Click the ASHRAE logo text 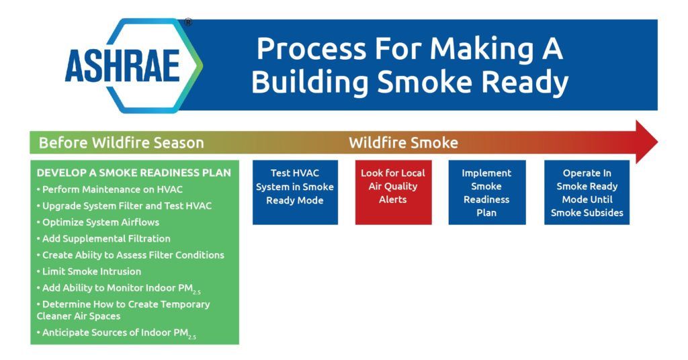[x=122, y=66]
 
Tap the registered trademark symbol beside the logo [x=188, y=22]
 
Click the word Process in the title [x=310, y=48]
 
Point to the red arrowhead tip [x=658, y=142]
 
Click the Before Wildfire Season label [x=121, y=143]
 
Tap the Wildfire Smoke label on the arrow [x=403, y=143]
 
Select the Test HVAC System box [x=296, y=193]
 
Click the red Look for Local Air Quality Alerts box [x=393, y=193]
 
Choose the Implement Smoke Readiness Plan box [x=486, y=193]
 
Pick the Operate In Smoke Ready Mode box [x=587, y=193]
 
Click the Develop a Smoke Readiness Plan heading [x=134, y=173]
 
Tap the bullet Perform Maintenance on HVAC [x=110, y=189]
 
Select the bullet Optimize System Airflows [x=98, y=222]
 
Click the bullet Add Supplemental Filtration [x=103, y=239]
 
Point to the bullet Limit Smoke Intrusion [x=89, y=271]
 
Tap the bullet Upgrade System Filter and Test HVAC [x=124, y=206]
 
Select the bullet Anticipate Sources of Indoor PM [x=117, y=333]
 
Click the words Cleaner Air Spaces [x=79, y=316]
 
